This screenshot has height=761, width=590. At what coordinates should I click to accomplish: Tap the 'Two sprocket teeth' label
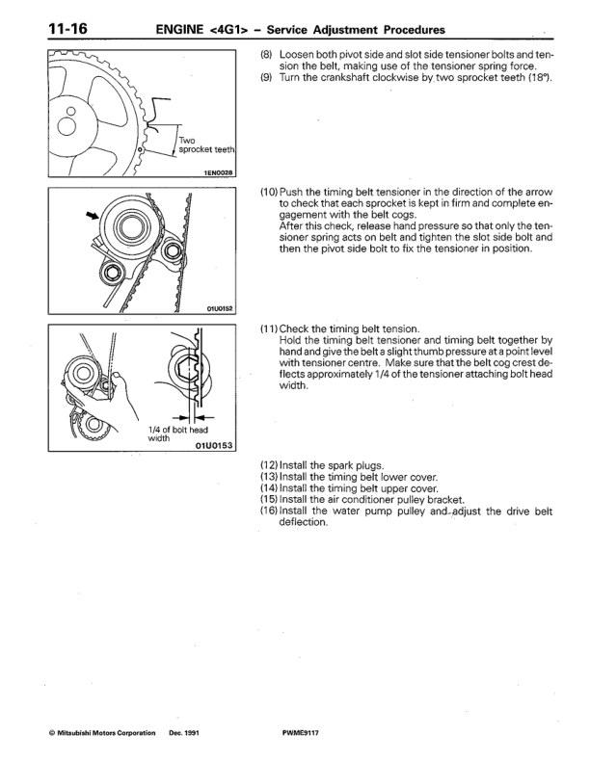207,145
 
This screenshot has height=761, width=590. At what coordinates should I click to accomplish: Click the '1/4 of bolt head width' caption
177,433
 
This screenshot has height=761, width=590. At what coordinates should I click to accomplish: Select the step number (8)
269,54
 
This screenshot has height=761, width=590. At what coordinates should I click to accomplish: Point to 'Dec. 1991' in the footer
185,734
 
